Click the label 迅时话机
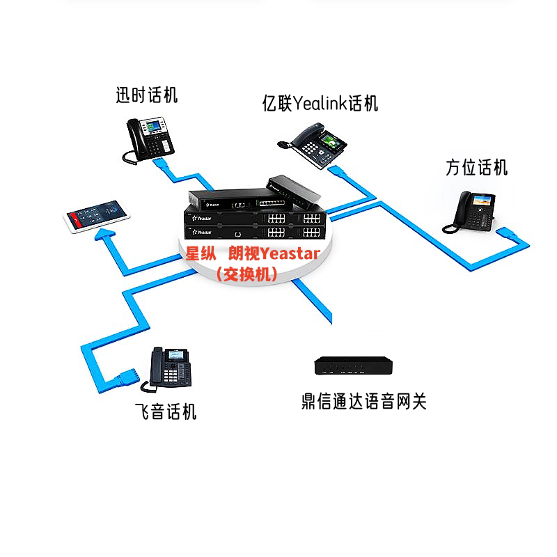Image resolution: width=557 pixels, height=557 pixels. click(x=146, y=95)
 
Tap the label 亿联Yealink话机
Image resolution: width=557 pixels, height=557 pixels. click(x=320, y=104)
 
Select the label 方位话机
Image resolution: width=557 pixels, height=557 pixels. click(x=477, y=167)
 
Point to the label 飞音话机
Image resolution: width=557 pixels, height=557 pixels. click(x=165, y=411)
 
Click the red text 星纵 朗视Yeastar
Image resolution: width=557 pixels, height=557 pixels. click(x=252, y=254)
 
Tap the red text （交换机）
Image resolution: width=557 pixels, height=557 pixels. click(x=247, y=274)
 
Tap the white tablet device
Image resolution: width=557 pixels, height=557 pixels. click(x=97, y=217)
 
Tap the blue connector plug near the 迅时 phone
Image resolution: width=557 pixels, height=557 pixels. click(x=161, y=165)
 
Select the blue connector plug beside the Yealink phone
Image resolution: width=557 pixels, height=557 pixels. click(x=338, y=171)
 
